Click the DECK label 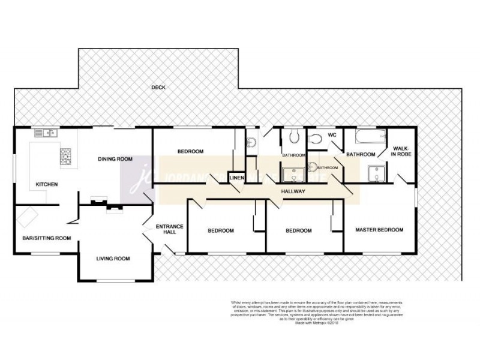point(158,88)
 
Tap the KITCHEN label point(46,184)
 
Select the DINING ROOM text point(115,159)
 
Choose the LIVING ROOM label point(113,259)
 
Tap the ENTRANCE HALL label point(169,229)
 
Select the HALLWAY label point(293,191)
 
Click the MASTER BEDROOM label point(379,229)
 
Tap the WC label point(331,135)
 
